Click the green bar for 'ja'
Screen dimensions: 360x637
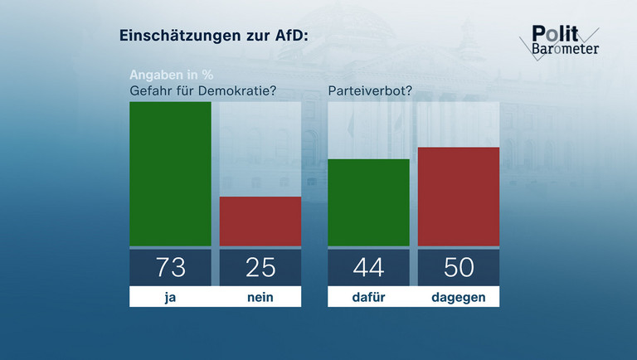pos(170,173)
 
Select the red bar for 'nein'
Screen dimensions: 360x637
pos(260,221)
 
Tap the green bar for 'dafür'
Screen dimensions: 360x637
pos(368,202)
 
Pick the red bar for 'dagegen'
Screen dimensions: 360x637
pos(458,196)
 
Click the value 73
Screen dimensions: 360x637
pos(170,267)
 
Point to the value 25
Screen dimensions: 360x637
pos(260,267)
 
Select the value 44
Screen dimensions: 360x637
pos(368,267)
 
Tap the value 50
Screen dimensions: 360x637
pos(458,267)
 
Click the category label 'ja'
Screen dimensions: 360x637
pos(170,297)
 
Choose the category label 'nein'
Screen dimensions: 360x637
pos(260,297)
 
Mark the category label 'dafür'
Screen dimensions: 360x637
pos(368,297)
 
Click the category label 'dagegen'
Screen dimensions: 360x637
pos(458,297)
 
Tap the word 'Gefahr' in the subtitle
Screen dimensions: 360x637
pos(151,90)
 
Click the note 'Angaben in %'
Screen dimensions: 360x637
pos(165,75)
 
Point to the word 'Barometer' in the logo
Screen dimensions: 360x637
pos(565,48)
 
